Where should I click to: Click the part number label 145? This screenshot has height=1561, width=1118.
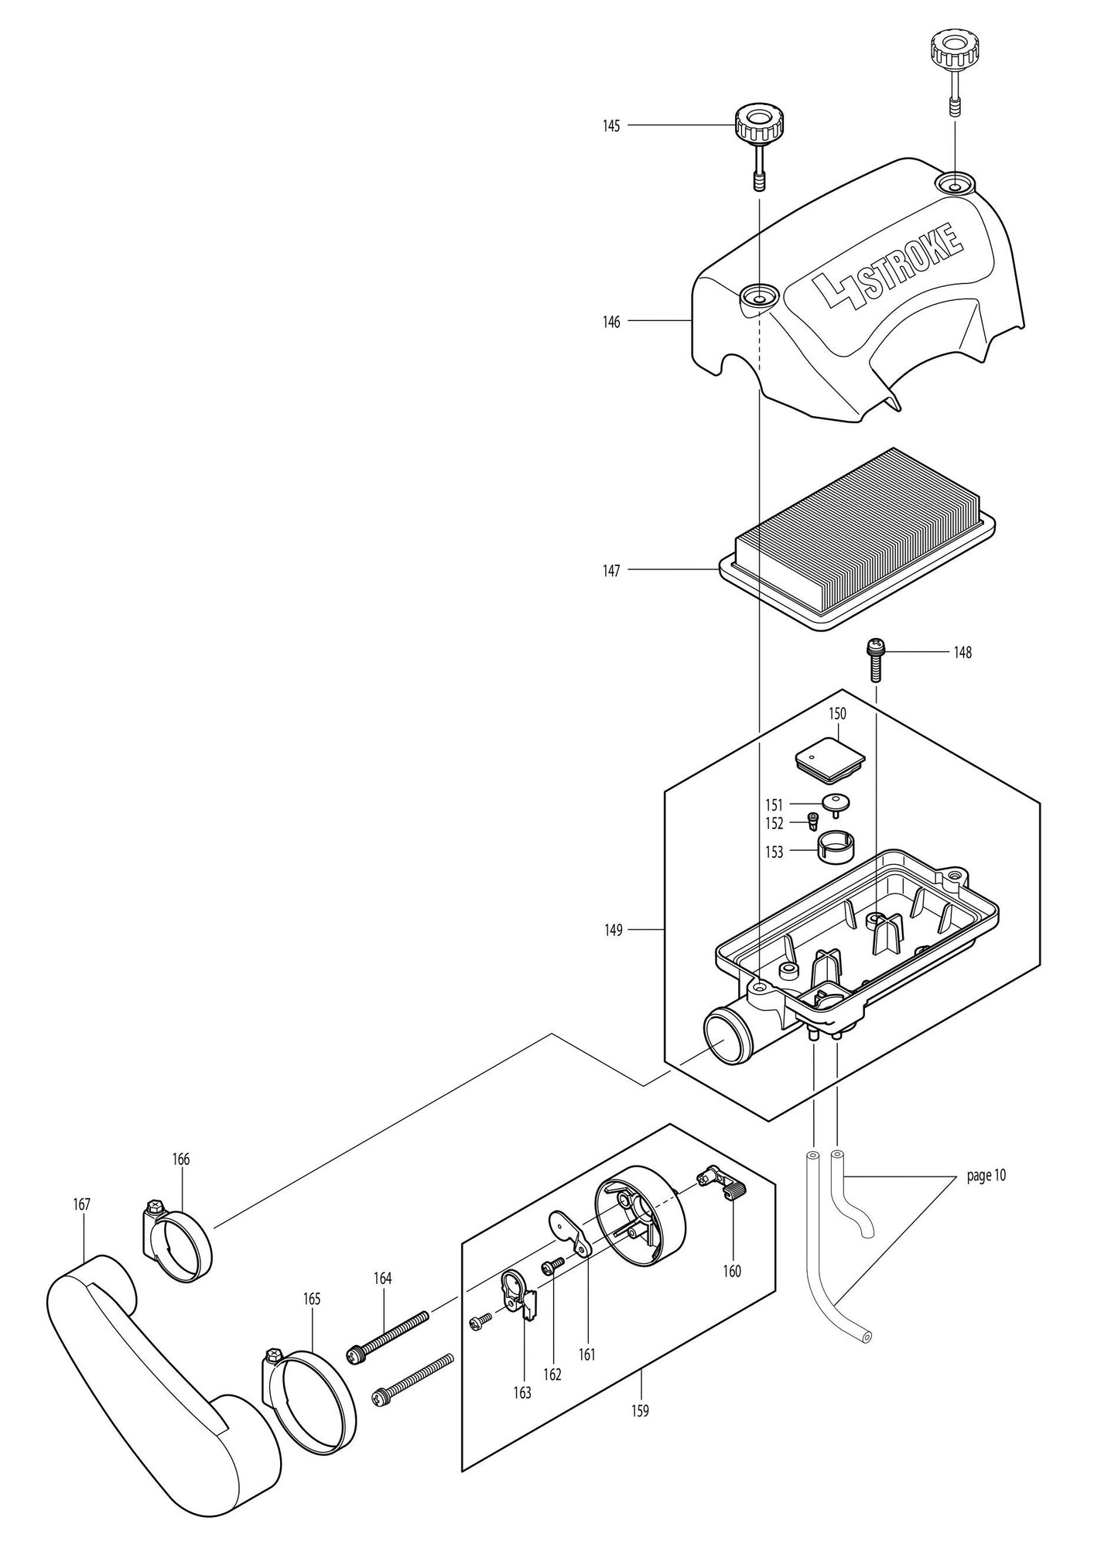(x=611, y=126)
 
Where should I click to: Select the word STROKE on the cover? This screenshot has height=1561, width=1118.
(x=913, y=262)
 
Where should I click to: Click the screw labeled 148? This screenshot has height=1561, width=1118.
(x=875, y=658)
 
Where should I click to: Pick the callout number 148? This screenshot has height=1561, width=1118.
(x=962, y=653)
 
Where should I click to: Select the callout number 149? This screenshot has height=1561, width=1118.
(x=613, y=930)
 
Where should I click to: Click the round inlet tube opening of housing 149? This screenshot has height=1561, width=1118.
(x=723, y=1036)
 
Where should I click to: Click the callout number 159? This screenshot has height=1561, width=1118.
(x=641, y=1411)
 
